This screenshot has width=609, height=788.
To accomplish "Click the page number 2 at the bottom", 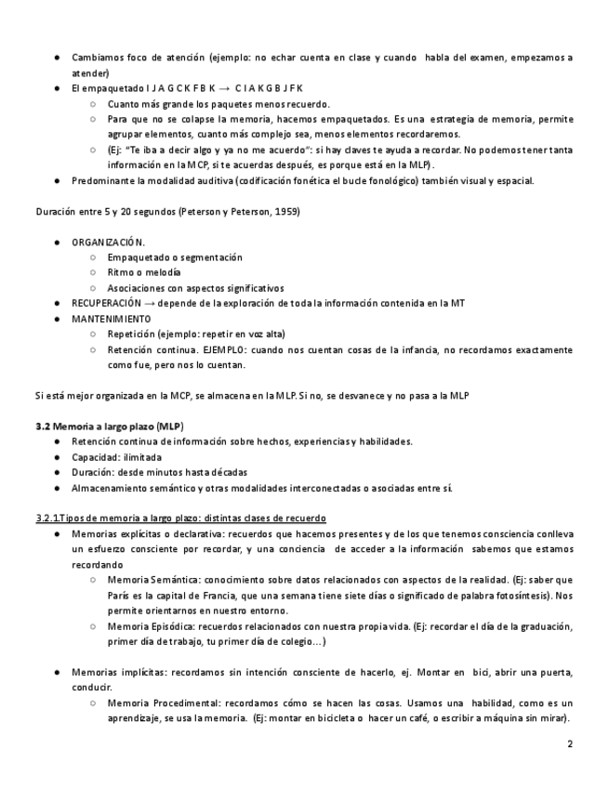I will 569,744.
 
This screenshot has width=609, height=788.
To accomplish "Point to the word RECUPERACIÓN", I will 107,303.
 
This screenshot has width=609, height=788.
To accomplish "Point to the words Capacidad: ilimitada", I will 116,456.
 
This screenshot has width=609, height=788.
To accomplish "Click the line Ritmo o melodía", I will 144,272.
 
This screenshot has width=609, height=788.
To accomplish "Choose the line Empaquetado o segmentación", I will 174,257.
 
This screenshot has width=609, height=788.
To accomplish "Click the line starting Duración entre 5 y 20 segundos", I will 166,211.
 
